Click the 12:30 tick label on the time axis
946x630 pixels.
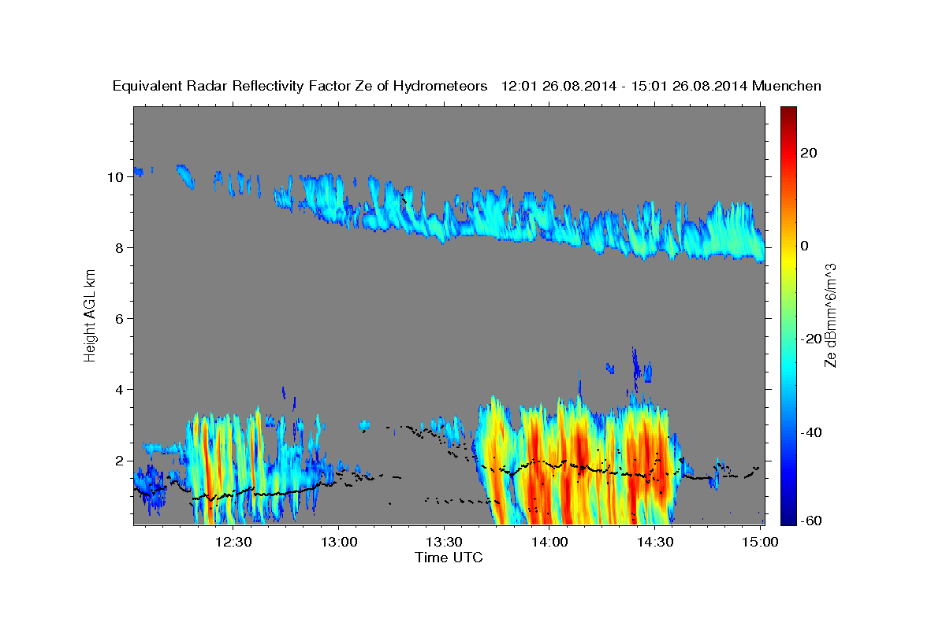tap(234, 542)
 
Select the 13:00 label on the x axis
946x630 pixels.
tap(339, 542)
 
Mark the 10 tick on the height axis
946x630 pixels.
tap(114, 177)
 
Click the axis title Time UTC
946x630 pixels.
tap(449, 558)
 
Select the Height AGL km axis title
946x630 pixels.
tap(91, 315)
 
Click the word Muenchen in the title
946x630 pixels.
tap(788, 86)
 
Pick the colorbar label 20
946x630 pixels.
tap(808, 153)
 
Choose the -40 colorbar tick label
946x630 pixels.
tap(811, 432)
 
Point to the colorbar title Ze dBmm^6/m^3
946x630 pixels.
tap(830, 315)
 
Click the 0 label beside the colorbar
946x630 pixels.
tap(804, 246)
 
